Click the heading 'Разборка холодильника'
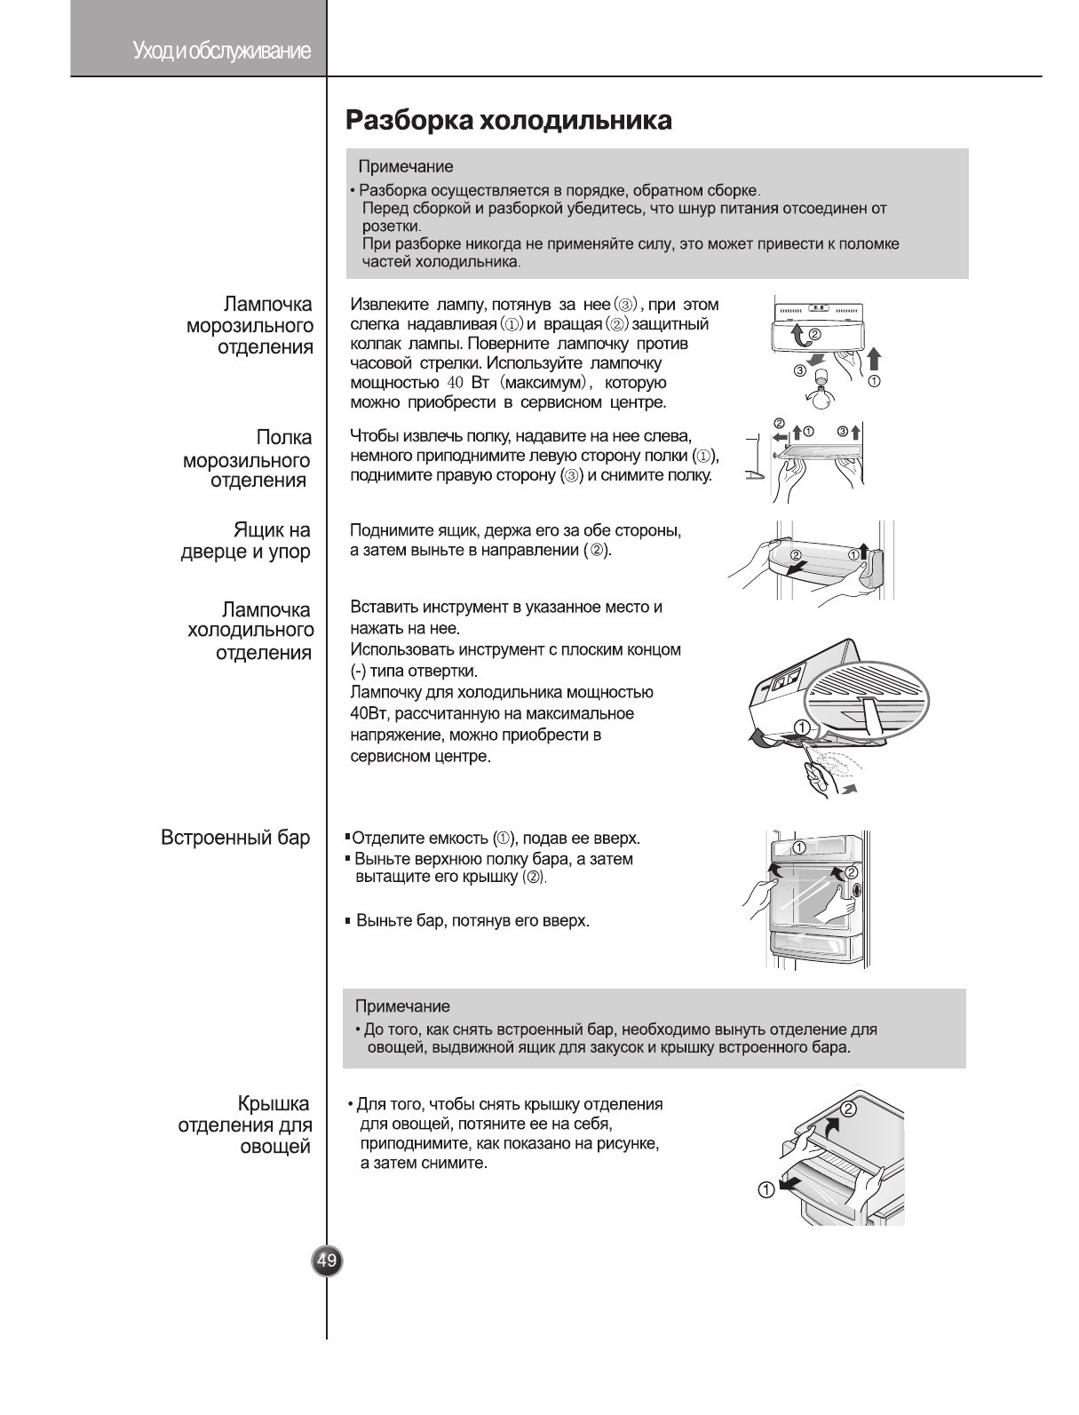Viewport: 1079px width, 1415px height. coord(508,120)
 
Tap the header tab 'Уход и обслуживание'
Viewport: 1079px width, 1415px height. coord(221,51)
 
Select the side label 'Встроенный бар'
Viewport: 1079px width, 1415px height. coord(235,837)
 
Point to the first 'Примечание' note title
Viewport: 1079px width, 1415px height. coord(405,167)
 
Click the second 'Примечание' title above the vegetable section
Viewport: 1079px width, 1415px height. coord(402,1006)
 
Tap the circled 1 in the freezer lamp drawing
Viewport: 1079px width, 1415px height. coord(874,383)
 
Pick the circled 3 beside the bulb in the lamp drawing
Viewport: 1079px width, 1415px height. coord(799,370)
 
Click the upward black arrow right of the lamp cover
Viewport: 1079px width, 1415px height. coord(874,358)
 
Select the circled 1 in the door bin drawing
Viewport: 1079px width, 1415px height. coord(853,555)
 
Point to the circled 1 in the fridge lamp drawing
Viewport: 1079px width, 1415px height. coord(801,728)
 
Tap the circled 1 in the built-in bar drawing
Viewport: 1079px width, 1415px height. coord(798,847)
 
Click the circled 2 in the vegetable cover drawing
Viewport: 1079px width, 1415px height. coord(848,1109)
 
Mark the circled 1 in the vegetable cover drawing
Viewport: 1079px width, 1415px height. coord(765,1190)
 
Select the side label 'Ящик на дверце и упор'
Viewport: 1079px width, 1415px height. coord(246,541)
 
